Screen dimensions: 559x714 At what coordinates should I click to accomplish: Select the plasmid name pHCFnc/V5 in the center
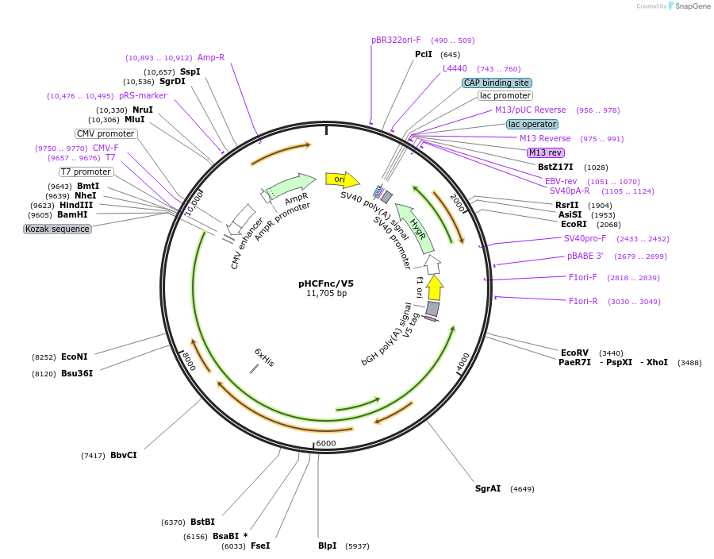click(326, 283)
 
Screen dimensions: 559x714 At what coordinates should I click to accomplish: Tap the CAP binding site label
click(497, 83)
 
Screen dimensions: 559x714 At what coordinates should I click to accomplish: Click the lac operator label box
click(532, 124)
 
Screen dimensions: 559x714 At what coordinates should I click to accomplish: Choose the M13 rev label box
click(545, 152)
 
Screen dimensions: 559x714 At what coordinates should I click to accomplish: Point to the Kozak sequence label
click(57, 229)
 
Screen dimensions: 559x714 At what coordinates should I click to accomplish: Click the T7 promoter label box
click(86, 172)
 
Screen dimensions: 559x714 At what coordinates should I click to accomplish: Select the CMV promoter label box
click(106, 133)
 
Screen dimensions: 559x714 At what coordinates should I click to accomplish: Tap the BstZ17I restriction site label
click(555, 167)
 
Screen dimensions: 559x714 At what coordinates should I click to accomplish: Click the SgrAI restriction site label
click(487, 488)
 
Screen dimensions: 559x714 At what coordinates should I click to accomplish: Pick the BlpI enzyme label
click(327, 546)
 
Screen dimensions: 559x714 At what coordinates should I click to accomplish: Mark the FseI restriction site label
click(259, 546)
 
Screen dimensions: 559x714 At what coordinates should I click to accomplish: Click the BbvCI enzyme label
click(123, 455)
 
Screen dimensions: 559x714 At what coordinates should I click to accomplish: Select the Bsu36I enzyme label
click(76, 373)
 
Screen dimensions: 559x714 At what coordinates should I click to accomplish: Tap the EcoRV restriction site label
click(574, 353)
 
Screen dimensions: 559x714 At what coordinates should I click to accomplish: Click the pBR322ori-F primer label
click(396, 40)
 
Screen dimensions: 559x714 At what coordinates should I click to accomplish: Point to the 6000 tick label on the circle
click(326, 443)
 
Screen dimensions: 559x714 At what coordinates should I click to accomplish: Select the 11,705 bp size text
click(326, 294)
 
